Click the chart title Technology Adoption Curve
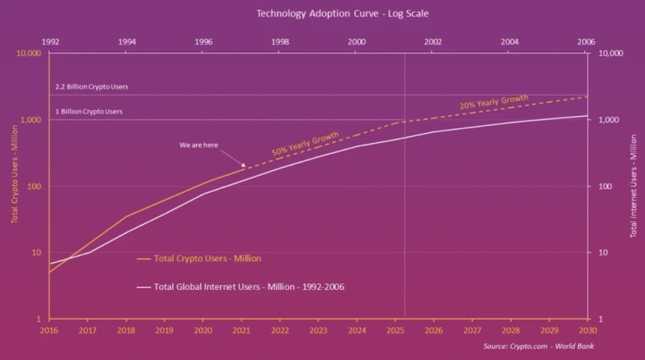pyautogui.click(x=322, y=13)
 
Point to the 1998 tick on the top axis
pyautogui.click(x=280, y=41)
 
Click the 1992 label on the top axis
pyautogui.click(x=49, y=41)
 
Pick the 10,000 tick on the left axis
pyautogui.click(x=28, y=54)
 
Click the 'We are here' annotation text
pyautogui.click(x=199, y=144)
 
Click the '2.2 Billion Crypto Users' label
pyautogui.click(x=92, y=86)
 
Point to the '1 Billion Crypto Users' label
pyautogui.click(x=89, y=112)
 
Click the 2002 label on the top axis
pyautogui.click(x=433, y=41)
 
